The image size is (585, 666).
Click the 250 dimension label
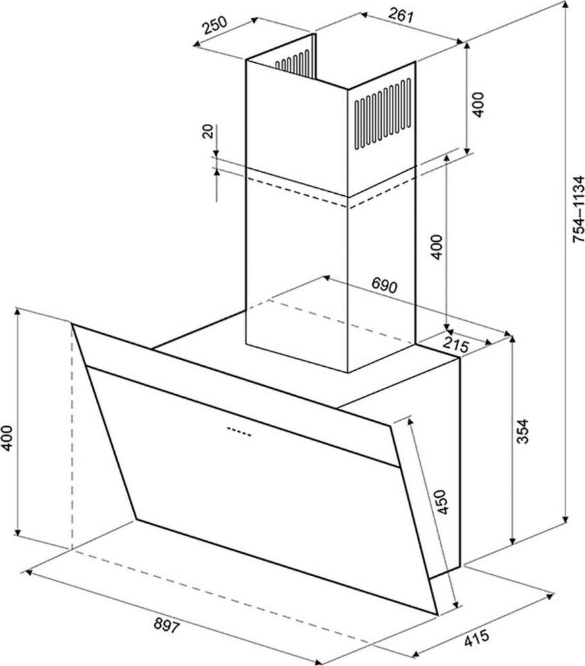click(215, 26)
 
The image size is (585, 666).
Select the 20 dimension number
click(208, 132)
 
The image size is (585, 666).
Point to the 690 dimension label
click(384, 285)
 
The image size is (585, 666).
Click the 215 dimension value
click(455, 345)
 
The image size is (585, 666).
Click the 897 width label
click(167, 625)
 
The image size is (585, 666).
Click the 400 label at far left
click(7, 438)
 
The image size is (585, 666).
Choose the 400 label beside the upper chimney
click(478, 105)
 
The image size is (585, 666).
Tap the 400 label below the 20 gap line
click(437, 247)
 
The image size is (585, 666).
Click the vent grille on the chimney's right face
click(383, 113)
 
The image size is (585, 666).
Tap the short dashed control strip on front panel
click(239, 432)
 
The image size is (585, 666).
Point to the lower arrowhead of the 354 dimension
click(513, 540)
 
